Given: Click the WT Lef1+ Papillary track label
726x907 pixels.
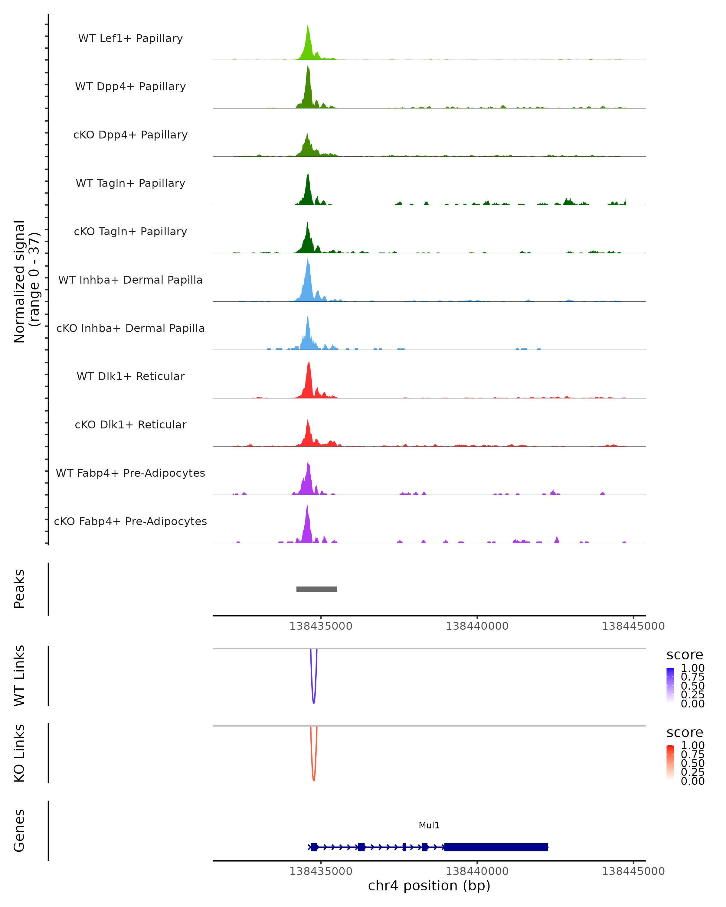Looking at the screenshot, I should coord(130,38).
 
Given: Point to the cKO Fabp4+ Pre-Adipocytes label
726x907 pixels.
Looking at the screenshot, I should coord(130,521).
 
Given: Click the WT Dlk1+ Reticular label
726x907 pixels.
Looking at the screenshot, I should coord(130,376).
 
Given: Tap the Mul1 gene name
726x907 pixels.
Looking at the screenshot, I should coord(429,825).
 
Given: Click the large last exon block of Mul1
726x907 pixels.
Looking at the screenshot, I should coord(496,847).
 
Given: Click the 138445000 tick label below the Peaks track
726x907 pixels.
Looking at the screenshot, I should coord(633,626).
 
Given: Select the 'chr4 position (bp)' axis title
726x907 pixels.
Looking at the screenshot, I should coord(429,886).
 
